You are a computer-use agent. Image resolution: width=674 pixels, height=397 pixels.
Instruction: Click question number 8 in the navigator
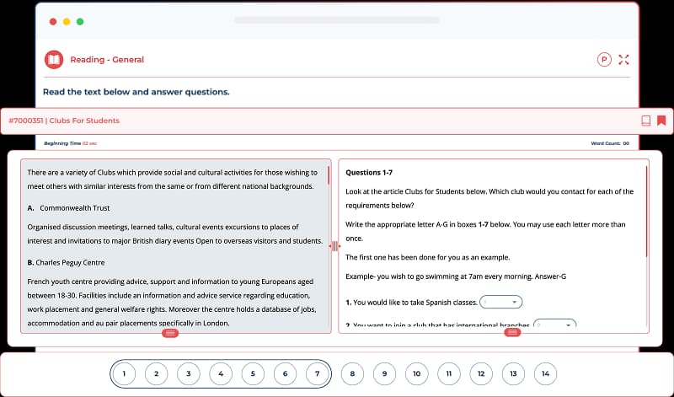(352, 373)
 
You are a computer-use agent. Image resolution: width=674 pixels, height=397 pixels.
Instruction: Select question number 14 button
(546, 373)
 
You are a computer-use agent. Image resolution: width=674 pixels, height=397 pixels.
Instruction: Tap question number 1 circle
(123, 373)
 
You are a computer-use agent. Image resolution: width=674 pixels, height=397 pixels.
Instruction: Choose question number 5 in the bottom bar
(253, 373)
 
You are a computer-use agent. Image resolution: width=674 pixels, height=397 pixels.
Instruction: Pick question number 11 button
(449, 373)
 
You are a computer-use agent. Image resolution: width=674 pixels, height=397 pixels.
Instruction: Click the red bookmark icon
(662, 121)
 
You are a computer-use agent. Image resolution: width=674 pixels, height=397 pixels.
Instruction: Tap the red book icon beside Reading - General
(54, 60)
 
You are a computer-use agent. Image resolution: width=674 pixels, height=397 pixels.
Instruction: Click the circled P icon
(603, 60)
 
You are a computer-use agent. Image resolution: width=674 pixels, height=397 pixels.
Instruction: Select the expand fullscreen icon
(624, 60)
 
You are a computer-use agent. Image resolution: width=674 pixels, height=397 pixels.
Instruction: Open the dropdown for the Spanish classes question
(502, 302)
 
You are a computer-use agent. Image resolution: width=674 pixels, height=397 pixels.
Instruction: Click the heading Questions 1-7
(369, 173)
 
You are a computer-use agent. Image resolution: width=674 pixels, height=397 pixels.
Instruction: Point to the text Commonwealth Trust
(75, 207)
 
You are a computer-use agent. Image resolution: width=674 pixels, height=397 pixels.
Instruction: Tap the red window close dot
(53, 20)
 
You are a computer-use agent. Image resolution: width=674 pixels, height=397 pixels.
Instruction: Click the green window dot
(80, 20)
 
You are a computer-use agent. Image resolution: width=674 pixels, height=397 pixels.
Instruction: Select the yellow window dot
(67, 20)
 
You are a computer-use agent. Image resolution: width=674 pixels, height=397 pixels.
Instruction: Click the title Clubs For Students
(84, 121)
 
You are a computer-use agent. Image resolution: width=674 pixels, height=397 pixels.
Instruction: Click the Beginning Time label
(62, 144)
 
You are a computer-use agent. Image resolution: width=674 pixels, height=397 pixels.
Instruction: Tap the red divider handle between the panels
(334, 246)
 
